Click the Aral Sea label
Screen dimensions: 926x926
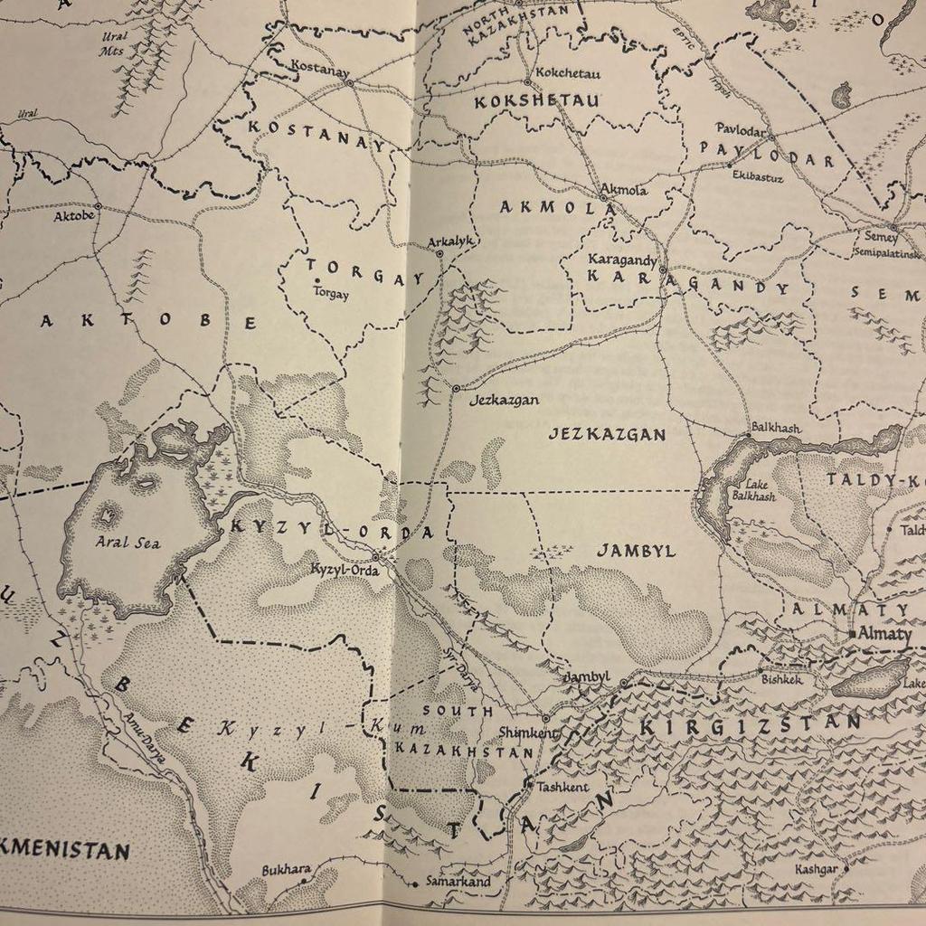128,543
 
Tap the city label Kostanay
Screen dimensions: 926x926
319,66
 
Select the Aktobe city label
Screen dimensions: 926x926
73,216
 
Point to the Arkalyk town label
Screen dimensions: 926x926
451,241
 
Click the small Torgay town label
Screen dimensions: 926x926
330,293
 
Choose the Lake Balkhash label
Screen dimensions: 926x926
753,490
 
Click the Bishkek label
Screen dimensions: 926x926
781,678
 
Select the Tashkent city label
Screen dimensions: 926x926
562,787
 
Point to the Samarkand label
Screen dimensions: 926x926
458,882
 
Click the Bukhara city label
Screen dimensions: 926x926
286,870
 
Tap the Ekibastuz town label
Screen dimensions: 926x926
758,176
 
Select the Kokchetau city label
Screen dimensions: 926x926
568,73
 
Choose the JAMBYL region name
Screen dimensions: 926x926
635,551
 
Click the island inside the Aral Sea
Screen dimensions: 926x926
107,515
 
